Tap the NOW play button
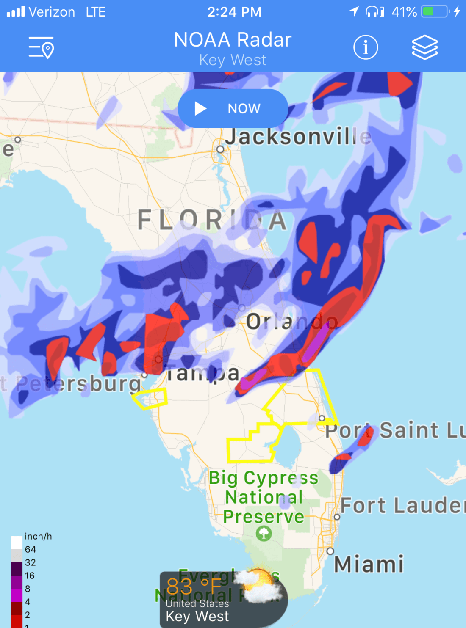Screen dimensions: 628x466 (233, 108)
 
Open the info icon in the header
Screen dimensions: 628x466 (366, 47)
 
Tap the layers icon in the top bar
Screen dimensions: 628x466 (425, 47)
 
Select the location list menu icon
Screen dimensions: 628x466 (41, 47)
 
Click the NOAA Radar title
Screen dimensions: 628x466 (233, 40)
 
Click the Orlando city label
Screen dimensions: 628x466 (292, 322)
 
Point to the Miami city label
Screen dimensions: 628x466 (369, 565)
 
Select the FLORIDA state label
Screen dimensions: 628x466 (212, 220)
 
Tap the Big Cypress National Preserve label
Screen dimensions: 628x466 (264, 497)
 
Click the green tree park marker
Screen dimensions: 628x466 (264, 533)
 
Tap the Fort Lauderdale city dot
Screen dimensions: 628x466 (337, 517)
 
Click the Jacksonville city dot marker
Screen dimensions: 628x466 (220, 149)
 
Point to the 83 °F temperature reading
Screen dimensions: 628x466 (194, 587)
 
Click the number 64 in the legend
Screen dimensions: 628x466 (31, 549)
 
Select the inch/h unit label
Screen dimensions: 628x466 (38, 536)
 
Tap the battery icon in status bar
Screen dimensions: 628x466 (435, 11)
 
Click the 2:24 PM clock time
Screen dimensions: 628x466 (234, 12)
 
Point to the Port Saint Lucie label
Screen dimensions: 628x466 (394, 430)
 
